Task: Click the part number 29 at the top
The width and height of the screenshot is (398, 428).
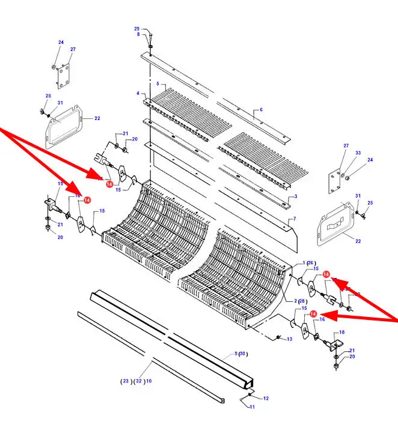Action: (136, 29)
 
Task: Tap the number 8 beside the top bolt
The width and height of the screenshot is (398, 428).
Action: (138, 34)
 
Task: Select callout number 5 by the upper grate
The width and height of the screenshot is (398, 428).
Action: (157, 83)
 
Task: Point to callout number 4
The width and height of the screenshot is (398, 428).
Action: (138, 93)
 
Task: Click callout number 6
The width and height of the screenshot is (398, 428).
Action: (262, 110)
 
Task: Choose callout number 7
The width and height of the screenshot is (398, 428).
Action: (295, 219)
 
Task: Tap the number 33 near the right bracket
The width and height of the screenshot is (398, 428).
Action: (358, 153)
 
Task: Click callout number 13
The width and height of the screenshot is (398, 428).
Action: (289, 339)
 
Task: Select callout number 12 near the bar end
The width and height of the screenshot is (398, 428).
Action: (266, 398)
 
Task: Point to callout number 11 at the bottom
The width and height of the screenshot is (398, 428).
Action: (253, 407)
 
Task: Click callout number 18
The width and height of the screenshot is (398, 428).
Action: (342, 332)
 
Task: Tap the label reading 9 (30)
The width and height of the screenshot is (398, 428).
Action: (240, 354)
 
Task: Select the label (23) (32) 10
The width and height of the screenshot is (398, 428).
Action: (136, 381)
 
